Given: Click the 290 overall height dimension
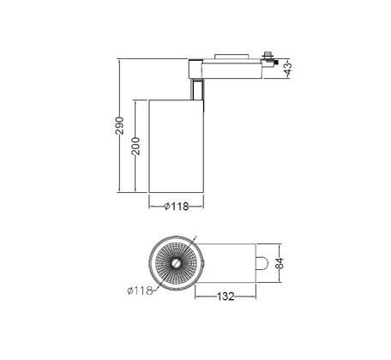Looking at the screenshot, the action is tap(119, 125).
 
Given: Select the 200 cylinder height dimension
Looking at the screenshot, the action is tap(135, 146).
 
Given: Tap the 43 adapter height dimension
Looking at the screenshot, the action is tap(288, 69).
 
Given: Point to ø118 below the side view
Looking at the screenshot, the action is tap(177, 206).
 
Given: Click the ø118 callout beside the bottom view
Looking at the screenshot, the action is tap(140, 291).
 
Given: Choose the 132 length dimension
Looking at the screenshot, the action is tap(226, 297).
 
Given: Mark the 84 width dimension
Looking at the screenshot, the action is tap(280, 263).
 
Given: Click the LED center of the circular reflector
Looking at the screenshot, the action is tap(176, 263).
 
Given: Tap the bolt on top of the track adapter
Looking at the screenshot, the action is tap(268, 55).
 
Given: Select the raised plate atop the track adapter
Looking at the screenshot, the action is tap(232, 56).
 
